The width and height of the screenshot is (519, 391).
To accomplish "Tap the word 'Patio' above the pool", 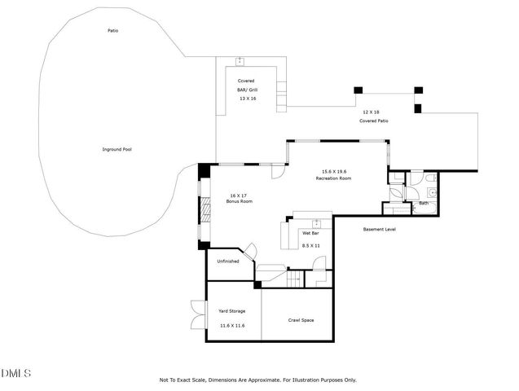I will [113, 31].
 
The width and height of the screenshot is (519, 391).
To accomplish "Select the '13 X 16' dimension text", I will [247, 98].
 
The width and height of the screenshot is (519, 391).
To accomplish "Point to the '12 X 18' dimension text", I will [372, 112].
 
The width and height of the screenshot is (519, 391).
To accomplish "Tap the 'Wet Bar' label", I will [310, 233].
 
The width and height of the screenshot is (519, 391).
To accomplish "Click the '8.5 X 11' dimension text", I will [310, 245].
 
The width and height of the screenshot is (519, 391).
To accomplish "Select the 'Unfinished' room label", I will [227, 261].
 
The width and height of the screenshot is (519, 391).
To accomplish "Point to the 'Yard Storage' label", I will [231, 311].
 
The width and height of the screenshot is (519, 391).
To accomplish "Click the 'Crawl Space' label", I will [301, 320].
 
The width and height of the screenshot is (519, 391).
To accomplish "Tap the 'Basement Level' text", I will [379, 230].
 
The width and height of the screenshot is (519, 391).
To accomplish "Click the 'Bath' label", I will [423, 203].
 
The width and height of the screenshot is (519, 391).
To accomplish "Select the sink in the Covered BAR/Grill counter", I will [240, 61].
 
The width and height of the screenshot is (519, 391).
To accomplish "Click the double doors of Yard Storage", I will [197, 314].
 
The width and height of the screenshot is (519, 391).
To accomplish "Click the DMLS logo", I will [15, 373].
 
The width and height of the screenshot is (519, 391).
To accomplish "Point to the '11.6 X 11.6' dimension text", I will [231, 325].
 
